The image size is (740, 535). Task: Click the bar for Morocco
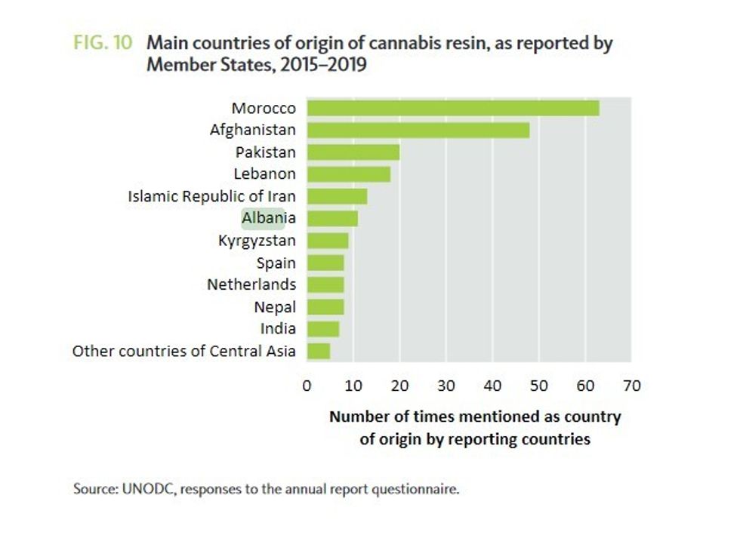click(x=453, y=108)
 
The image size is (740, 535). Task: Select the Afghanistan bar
click(x=418, y=130)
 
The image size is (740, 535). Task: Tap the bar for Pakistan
click(x=353, y=152)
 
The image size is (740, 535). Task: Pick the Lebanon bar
click(x=349, y=174)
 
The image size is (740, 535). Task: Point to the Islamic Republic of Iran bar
click(x=338, y=196)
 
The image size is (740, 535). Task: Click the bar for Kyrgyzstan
click(x=328, y=241)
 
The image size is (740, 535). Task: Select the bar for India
click(x=324, y=329)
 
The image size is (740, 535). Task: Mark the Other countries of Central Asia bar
click(x=319, y=351)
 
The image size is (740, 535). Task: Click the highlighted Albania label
click(x=262, y=219)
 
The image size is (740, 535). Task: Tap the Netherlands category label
click(x=251, y=284)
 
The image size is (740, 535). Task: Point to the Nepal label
click(x=275, y=307)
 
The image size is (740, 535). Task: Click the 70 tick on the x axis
click(x=631, y=386)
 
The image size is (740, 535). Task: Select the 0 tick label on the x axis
click(x=307, y=386)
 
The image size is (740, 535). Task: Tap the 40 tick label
click(x=492, y=386)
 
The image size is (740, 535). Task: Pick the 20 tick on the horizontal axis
click(x=399, y=386)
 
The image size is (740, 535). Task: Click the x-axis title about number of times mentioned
click(x=474, y=427)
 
